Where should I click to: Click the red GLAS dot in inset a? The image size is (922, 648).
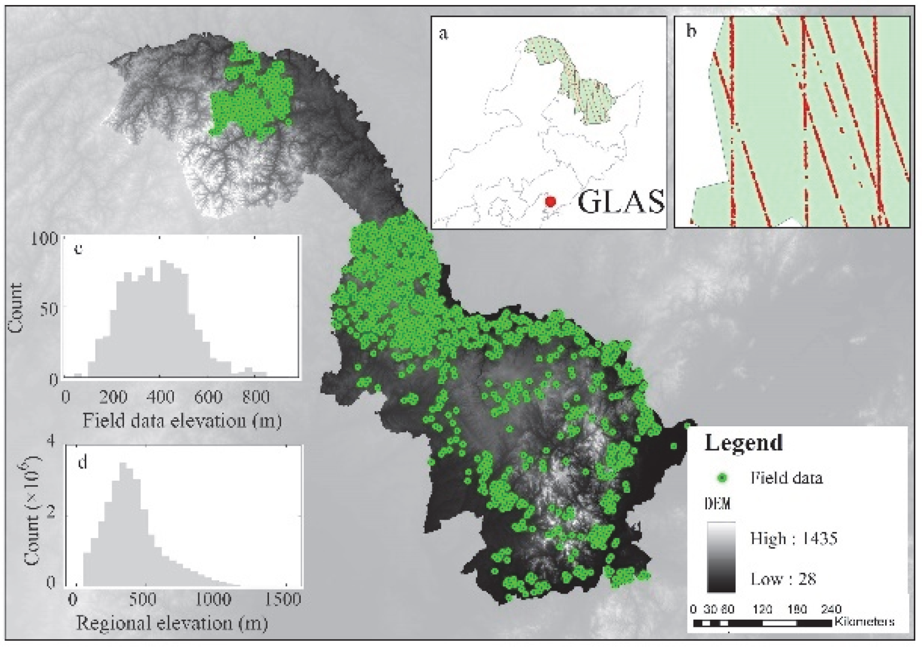tap(550, 201)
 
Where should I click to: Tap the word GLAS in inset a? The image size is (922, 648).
tap(621, 202)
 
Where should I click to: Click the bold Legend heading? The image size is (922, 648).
tap(744, 443)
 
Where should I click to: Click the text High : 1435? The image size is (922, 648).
tap(793, 538)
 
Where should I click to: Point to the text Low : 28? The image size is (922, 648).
tap(783, 579)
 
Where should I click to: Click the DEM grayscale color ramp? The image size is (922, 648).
tap(721, 557)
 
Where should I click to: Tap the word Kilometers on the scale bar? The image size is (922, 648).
tap(864, 621)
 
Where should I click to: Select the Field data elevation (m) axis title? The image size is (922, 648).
tap(182, 420)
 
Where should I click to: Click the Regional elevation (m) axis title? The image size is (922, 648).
tap(172, 623)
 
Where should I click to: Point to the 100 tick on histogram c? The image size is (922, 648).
tap(48, 238)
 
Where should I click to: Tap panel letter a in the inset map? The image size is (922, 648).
tap(443, 34)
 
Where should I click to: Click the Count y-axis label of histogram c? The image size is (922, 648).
tap(16, 308)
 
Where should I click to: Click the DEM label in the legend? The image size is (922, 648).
tap(717, 504)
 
